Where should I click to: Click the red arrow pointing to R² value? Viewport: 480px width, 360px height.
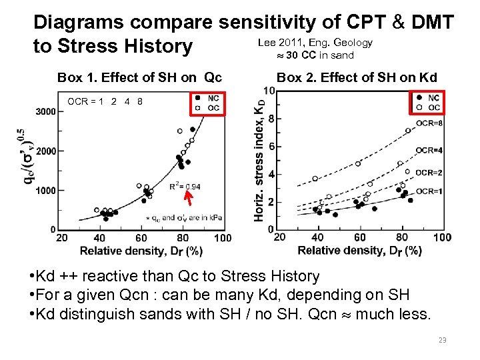[x=189, y=197]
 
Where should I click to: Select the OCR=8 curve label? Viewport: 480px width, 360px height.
[x=429, y=124]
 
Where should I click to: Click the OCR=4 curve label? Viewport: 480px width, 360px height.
[x=429, y=151]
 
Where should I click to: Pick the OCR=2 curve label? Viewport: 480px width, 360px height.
[x=429, y=173]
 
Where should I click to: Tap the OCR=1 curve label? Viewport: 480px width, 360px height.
[x=429, y=191]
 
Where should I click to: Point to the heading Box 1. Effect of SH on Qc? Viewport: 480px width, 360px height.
[x=139, y=77]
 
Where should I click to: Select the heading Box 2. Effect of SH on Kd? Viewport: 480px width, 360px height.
[x=357, y=77]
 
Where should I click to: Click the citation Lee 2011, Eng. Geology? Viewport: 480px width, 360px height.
[x=315, y=43]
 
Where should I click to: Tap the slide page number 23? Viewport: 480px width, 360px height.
[x=441, y=340]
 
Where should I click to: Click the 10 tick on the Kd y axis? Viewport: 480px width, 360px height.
[x=269, y=91]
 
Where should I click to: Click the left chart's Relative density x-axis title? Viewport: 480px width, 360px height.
[x=141, y=251]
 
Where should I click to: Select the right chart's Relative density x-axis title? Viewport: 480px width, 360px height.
[x=359, y=251]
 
